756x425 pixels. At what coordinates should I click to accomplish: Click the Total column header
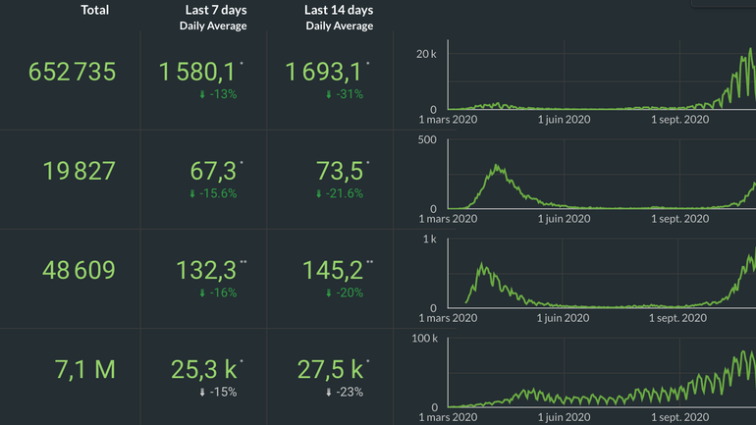(x=94, y=10)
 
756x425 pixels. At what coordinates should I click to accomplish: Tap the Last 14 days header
(x=339, y=10)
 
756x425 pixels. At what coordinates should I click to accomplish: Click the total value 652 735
(x=73, y=72)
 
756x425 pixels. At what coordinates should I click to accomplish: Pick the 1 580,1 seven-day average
(x=197, y=72)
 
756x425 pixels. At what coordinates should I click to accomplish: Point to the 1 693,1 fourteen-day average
(x=324, y=72)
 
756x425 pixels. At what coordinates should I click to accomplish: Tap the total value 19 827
(x=79, y=171)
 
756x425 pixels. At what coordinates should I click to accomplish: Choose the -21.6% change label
(x=339, y=194)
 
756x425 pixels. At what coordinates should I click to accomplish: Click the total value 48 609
(x=79, y=270)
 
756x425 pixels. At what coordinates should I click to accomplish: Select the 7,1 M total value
(x=85, y=369)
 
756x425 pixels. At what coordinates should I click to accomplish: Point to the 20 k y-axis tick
(x=426, y=53)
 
